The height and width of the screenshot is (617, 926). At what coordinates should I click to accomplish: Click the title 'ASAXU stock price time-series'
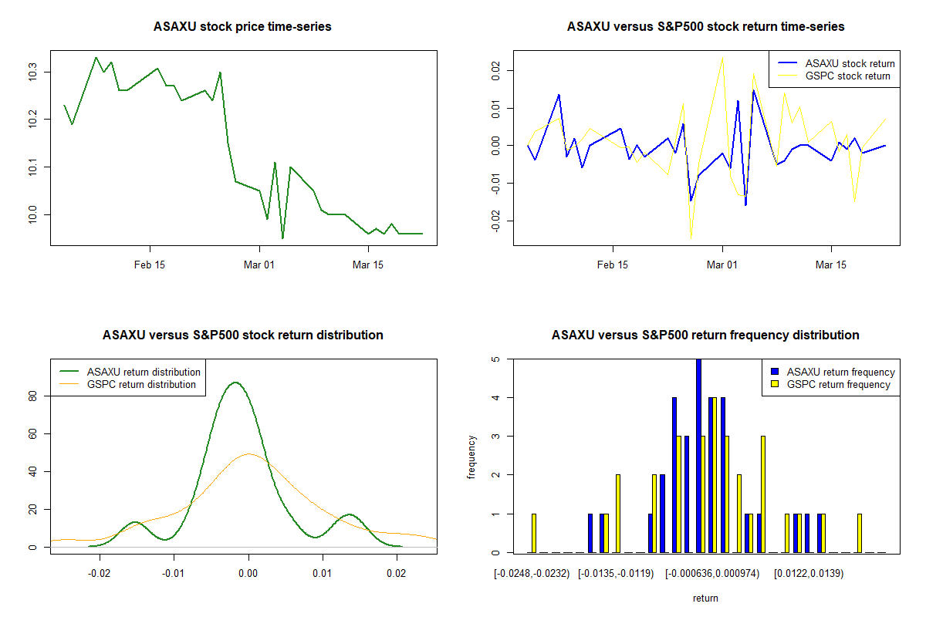coord(242,26)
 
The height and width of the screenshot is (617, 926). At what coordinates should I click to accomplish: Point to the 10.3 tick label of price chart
coord(32,72)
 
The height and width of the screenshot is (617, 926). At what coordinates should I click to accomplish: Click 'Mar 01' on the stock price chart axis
coord(259,265)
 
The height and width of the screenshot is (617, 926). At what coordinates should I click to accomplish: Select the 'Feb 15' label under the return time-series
coord(612,265)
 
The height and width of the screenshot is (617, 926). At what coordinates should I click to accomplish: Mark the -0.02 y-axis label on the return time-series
coord(495,221)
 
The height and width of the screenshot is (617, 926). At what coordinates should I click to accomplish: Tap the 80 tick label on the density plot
coord(32,396)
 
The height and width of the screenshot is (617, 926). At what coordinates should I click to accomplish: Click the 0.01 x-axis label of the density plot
coord(322,573)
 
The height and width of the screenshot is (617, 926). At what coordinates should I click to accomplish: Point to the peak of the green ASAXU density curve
coord(235,383)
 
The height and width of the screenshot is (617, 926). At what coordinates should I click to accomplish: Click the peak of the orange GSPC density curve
coord(248,453)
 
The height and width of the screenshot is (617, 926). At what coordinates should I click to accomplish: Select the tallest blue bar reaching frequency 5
coord(698,455)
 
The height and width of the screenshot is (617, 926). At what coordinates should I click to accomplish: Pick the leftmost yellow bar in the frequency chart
coord(534,533)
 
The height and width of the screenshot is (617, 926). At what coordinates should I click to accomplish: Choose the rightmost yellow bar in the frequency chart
coord(860,533)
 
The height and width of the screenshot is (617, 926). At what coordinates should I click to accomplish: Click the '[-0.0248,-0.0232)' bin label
coord(532,574)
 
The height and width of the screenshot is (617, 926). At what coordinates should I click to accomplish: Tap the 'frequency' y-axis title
coord(471,457)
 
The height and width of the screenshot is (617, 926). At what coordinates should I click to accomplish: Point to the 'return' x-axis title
coord(705,598)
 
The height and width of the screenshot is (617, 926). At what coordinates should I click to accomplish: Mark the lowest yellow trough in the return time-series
coord(691,238)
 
